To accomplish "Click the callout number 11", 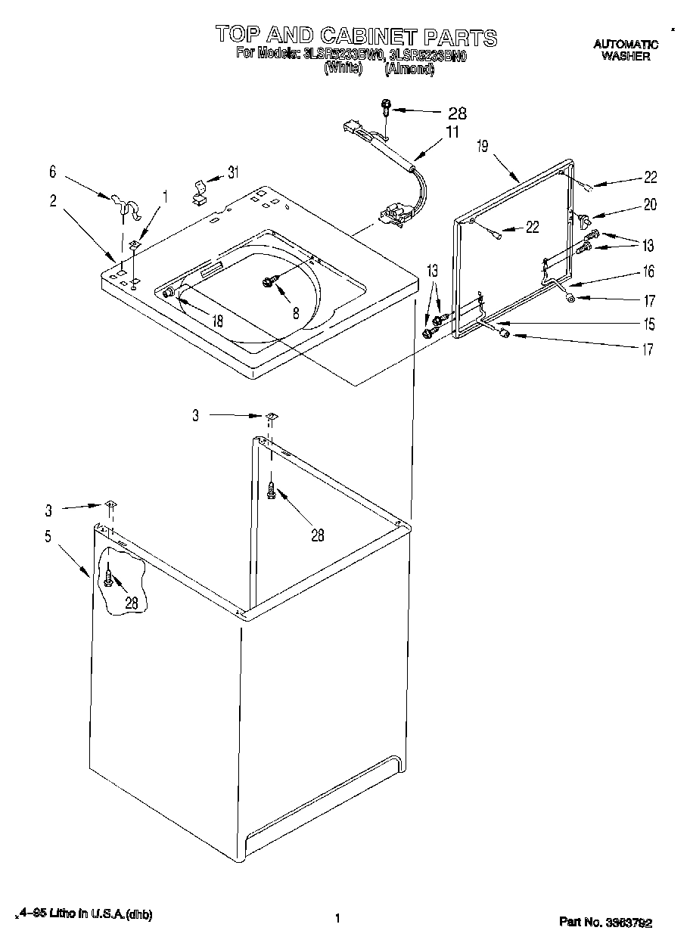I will (x=452, y=132).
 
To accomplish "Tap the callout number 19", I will (x=483, y=147).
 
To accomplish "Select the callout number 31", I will (x=233, y=172).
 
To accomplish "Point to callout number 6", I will (x=52, y=172).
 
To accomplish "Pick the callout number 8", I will (x=296, y=311).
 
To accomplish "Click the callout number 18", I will (x=218, y=321).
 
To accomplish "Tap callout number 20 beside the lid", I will (x=650, y=204).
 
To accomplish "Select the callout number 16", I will (x=648, y=271).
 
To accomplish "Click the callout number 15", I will (x=648, y=324).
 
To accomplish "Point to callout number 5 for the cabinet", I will (x=48, y=537).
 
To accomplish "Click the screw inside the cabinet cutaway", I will (x=110, y=579).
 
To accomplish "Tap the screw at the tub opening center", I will (x=268, y=282).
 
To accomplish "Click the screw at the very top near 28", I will (x=386, y=107).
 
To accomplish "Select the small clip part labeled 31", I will (x=199, y=191).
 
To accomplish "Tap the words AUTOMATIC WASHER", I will (x=626, y=51).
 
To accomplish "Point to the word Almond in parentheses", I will (x=409, y=68).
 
